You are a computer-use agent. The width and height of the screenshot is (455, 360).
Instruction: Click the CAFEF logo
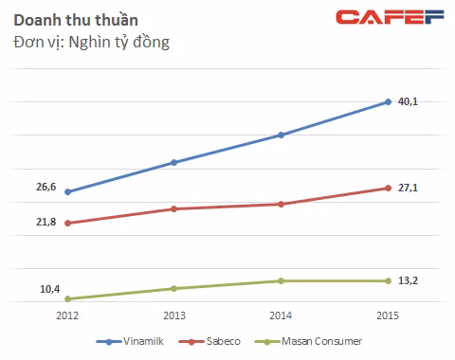tap(390, 17)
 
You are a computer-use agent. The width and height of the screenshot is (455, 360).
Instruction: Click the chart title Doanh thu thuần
tap(76, 20)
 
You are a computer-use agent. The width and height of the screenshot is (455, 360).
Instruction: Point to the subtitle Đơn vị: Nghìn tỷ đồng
tap(91, 42)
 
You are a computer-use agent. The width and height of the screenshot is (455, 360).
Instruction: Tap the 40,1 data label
tap(408, 101)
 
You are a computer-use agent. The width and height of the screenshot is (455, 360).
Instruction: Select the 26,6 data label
tap(45, 187)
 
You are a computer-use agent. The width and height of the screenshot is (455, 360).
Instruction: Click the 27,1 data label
tap(408, 188)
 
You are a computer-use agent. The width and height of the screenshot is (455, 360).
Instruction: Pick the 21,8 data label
tap(45, 222)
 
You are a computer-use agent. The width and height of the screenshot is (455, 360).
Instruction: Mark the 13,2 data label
tap(408, 280)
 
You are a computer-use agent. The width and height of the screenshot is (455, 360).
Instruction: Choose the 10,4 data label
tap(49, 289)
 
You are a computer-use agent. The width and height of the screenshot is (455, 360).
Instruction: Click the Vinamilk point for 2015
tap(389, 102)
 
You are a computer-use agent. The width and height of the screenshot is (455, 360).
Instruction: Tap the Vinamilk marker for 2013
tap(173, 163)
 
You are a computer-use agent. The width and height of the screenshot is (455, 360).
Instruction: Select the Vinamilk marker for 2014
tap(281, 135)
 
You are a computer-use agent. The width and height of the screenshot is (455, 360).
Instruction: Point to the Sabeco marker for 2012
tap(67, 224)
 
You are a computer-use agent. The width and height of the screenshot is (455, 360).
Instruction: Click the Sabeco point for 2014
tap(281, 205)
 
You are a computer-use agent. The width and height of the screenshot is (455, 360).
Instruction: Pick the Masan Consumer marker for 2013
tap(173, 289)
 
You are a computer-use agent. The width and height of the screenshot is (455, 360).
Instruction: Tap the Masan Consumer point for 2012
tap(67, 298)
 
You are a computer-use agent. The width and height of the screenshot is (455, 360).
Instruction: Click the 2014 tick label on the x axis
tap(281, 315)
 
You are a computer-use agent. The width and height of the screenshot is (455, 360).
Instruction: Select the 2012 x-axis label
tap(67, 315)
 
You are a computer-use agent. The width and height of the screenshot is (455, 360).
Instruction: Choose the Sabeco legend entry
tap(209, 341)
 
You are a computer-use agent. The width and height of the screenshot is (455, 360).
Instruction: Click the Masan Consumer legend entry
tap(308, 341)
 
